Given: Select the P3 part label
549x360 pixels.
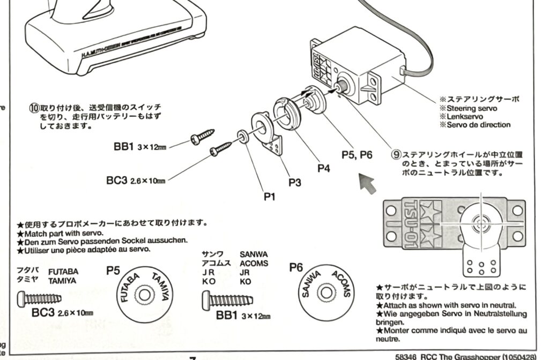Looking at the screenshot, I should (x=294, y=183).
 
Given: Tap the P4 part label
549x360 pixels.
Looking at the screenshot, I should (x=323, y=168).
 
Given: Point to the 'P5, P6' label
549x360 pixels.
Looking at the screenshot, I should (x=357, y=154).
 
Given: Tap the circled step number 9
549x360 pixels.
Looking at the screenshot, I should (x=396, y=154).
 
